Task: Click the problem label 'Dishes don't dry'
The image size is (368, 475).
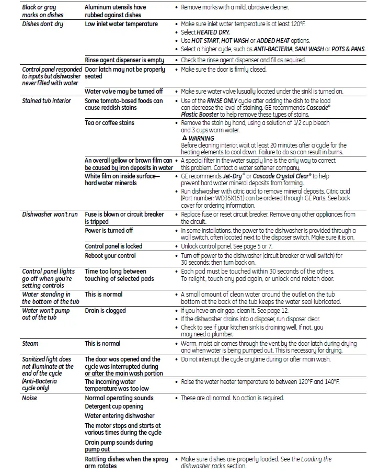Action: [42, 24]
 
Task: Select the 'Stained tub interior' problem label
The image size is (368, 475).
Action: [47, 100]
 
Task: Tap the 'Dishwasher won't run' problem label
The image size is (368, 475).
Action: [50, 214]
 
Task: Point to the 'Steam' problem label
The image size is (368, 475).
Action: [30, 344]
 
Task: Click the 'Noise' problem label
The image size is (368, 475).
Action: [30, 398]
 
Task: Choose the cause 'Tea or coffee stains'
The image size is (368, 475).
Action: [109, 123]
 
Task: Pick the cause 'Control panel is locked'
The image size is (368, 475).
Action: [113, 246]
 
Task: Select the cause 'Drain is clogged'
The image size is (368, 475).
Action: [105, 311]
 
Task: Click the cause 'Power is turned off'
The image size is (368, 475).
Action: [109, 231]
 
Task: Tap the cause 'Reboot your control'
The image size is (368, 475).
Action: [110, 256]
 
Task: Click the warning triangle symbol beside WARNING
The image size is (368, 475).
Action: [184, 139]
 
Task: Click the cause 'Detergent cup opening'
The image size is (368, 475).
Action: [114, 406]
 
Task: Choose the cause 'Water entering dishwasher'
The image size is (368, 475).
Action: [120, 416]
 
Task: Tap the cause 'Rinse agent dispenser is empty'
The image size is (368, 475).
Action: [124, 60]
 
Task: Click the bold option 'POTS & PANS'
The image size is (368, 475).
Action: [348, 49]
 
